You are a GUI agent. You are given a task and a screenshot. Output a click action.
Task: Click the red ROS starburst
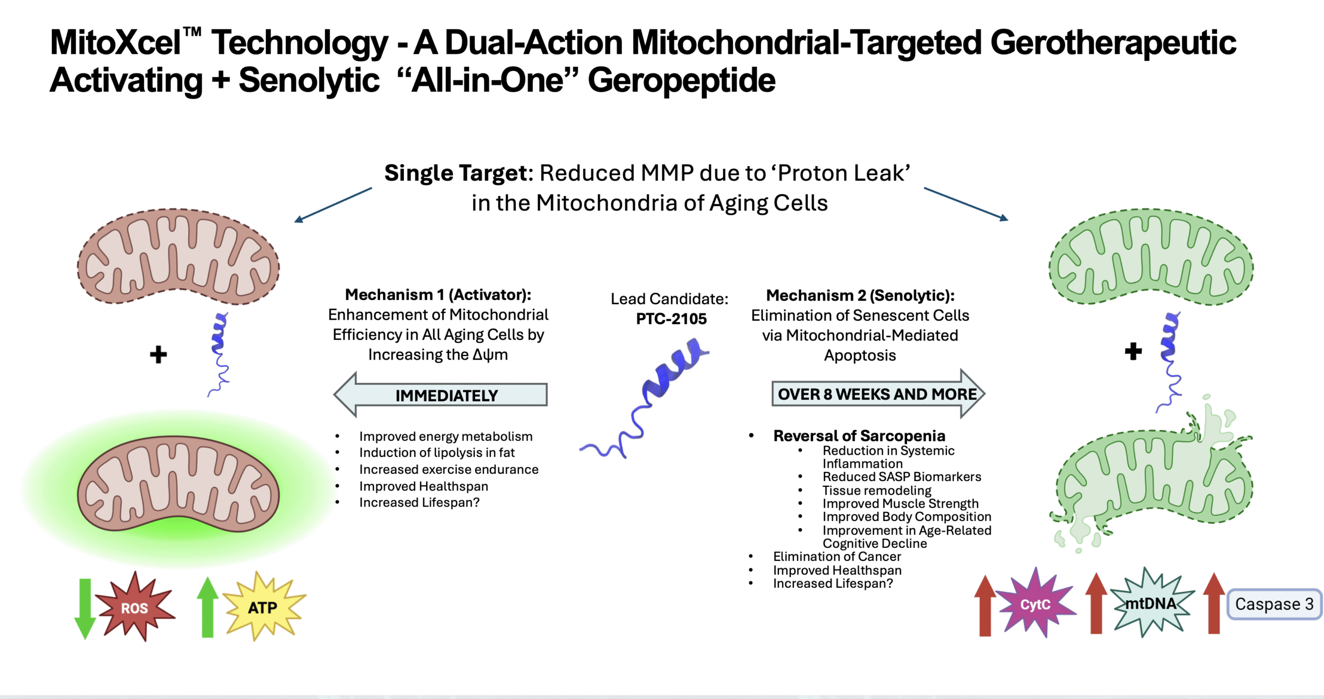(134, 606)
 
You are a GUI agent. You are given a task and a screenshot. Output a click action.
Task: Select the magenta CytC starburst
(1035, 603)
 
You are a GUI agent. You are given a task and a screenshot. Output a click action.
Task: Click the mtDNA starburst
(1152, 603)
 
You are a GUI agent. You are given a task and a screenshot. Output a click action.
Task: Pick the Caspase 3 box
(1274, 604)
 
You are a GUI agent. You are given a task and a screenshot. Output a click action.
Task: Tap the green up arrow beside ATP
(207, 607)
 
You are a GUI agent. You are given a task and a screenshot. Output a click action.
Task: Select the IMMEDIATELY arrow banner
(441, 395)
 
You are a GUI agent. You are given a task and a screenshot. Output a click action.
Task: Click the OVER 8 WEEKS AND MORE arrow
(878, 394)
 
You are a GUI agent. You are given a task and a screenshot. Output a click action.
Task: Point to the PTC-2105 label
(671, 319)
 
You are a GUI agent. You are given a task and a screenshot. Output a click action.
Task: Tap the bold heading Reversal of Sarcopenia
(859, 436)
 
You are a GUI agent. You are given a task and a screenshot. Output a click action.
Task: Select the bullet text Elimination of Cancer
(837, 557)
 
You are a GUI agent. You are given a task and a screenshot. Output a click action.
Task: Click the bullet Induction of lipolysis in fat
(437, 453)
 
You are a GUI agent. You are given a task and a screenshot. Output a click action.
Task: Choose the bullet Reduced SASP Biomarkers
(902, 477)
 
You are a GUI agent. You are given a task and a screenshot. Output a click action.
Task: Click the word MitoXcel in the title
(115, 42)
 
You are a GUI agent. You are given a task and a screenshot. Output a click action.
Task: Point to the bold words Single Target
(458, 173)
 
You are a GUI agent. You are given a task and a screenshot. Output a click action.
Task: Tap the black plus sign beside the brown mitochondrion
(158, 355)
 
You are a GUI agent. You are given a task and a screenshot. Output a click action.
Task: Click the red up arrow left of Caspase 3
(1213, 603)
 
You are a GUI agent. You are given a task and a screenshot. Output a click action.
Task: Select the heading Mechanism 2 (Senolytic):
(860, 295)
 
